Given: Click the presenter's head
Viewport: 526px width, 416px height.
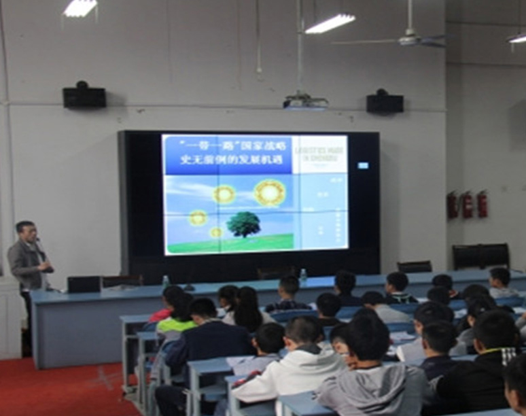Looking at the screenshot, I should pos(25,232).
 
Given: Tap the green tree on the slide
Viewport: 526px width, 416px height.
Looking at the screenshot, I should pos(243,223).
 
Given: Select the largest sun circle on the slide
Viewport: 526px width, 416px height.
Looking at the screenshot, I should pos(270,192).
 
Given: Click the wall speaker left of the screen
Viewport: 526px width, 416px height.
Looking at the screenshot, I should pos(84,96).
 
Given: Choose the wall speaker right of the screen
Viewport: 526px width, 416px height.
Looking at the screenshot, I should pos(385,102).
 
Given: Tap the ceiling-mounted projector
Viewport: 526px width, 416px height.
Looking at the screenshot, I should pos(305,101).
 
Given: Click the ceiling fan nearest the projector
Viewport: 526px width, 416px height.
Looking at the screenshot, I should pos(408,39).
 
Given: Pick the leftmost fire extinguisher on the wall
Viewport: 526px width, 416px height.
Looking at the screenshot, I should pos(453,205).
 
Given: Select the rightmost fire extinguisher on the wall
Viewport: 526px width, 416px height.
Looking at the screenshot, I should pos(482,204).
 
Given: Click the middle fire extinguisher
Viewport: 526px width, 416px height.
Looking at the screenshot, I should pos(467,205).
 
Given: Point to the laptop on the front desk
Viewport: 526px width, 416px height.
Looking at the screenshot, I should pos(84,284).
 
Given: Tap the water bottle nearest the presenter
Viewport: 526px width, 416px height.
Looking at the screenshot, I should pos(165,281).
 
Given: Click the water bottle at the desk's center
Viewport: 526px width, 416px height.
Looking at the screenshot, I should pos(303,277).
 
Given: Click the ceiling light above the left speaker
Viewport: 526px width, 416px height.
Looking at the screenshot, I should pos(80,8).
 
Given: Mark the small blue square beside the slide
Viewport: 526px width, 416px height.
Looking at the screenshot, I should pos(363,165).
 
